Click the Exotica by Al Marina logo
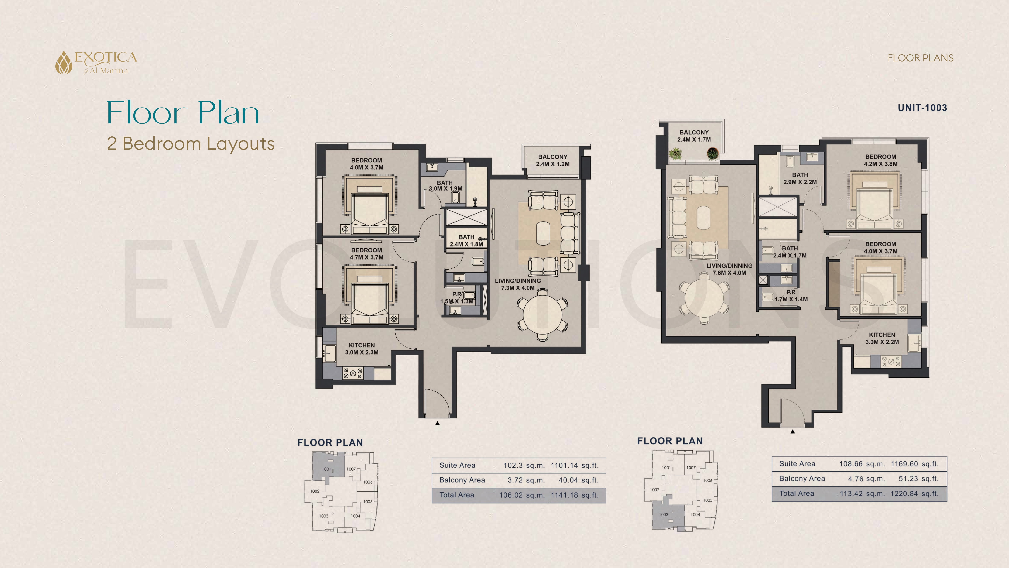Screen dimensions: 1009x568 pyautogui.click(x=96, y=63)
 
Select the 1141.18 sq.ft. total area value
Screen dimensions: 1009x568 pyautogui.click(x=575, y=495)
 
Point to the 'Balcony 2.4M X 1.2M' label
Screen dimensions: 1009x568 pyautogui.click(x=553, y=160)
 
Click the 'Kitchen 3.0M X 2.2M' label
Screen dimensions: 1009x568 pyautogui.click(x=882, y=338)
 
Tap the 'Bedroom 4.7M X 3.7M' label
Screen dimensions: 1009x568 pyautogui.click(x=367, y=254)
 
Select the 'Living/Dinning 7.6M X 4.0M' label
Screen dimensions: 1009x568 pyautogui.click(x=729, y=269)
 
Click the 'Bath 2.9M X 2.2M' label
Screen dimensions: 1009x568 pyautogui.click(x=800, y=178)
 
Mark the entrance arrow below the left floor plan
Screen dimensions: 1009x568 pyautogui.click(x=438, y=423)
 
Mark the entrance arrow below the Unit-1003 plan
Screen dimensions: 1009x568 pyautogui.click(x=793, y=432)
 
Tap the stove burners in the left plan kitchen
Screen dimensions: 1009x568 pyautogui.click(x=353, y=373)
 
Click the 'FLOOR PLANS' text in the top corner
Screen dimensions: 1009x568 pyautogui.click(x=920, y=58)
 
